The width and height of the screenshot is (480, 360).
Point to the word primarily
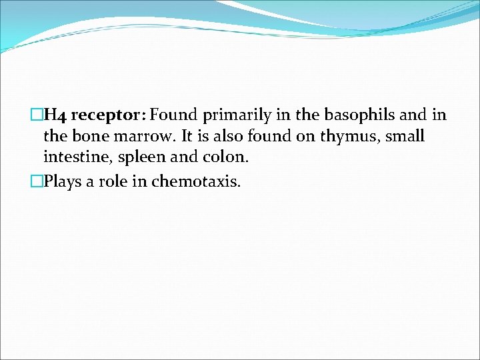point(238,115)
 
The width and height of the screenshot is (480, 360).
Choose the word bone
point(87,137)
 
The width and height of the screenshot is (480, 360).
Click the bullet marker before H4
point(37,115)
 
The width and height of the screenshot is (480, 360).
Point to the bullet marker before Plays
point(37,181)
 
